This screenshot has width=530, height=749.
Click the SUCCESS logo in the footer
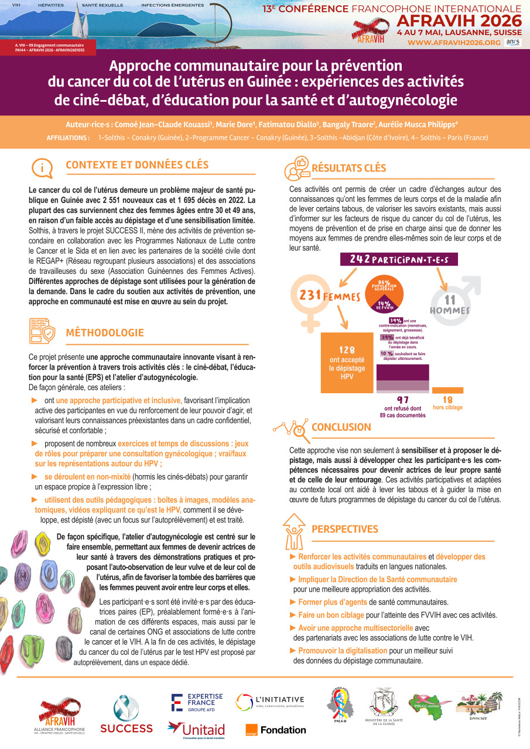126,715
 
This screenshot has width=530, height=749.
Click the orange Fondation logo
276,730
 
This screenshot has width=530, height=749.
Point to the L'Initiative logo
270,700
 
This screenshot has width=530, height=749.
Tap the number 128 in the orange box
347,350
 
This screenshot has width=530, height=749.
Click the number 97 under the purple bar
403,399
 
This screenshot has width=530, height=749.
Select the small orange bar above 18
447,390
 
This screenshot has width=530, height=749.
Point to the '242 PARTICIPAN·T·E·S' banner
399,259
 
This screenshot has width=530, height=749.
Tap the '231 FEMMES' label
329,297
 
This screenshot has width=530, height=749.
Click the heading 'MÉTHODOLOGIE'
105,333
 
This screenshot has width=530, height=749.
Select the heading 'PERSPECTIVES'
344,529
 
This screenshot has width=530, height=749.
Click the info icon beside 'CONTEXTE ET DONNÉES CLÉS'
42,167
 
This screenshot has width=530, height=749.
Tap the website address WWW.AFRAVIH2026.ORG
454,43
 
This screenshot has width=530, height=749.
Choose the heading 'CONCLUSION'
341,427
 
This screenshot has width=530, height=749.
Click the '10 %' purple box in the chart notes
387,354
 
